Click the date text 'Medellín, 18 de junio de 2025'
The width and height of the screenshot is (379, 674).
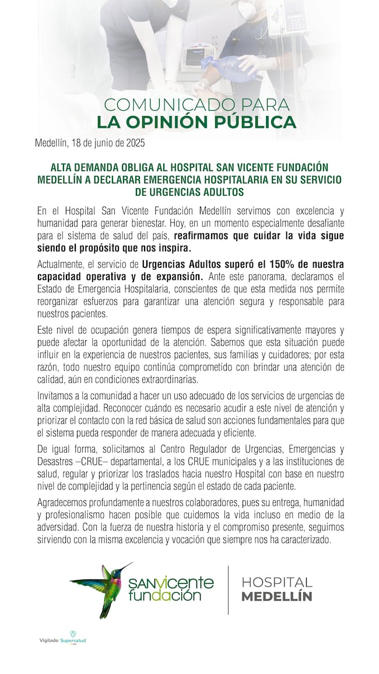tap(90, 142)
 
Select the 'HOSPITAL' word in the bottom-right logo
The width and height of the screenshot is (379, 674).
tap(276, 582)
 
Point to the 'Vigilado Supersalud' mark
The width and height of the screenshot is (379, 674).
tap(59, 640)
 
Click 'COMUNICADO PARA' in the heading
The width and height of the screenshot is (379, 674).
tap(196, 105)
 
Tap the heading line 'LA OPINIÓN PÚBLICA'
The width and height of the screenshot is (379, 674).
tap(196, 123)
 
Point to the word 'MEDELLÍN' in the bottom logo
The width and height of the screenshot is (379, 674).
tap(276, 597)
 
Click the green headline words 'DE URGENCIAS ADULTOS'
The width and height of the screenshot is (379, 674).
tap(189, 192)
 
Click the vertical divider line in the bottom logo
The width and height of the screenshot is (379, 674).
tap(229, 589)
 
